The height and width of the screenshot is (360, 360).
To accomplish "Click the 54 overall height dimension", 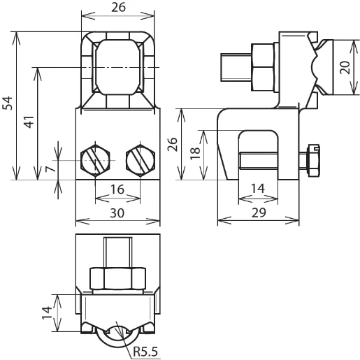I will pos(8,103).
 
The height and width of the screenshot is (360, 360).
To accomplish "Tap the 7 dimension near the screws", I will pos(49,169).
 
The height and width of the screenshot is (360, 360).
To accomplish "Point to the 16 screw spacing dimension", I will pos(117,188).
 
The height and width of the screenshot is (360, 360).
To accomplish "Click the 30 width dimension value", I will pos(117,215).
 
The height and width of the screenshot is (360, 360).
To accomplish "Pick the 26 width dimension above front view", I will pos(117,8).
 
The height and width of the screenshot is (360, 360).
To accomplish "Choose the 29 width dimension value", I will pos(259,214).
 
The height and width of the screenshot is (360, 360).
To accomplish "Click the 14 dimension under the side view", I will pos(259,189).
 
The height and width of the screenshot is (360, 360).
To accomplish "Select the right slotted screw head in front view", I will pos(139,161).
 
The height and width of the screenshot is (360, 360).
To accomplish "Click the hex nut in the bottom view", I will pos(117,278).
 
